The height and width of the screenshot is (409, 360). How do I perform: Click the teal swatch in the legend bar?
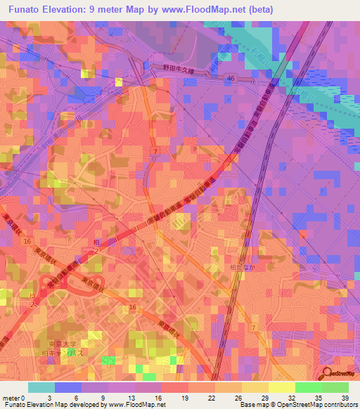[x=41, y=387]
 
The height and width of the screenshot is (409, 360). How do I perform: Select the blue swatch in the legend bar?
[x=67, y=387]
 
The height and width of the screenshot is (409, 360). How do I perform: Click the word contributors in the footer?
[x=340, y=405]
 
